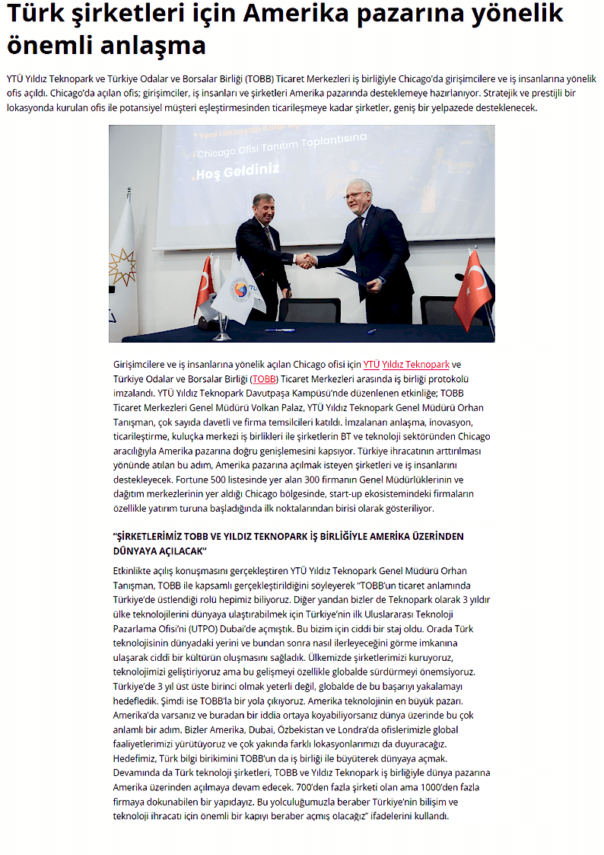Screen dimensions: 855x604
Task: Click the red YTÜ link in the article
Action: [x=371, y=365]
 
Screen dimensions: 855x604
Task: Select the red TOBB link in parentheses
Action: [x=265, y=379]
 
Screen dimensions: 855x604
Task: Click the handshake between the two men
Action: [x=306, y=260]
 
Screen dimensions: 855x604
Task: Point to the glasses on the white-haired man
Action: [x=354, y=196]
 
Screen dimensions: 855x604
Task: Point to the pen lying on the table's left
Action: [x=279, y=330]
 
